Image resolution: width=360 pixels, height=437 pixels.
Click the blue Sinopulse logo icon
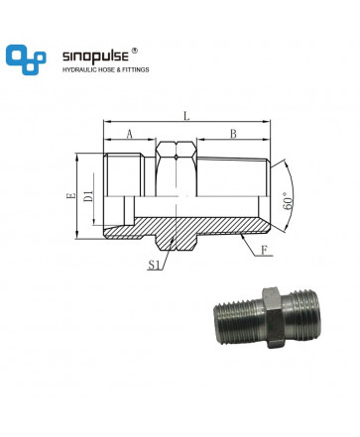[x=26, y=59]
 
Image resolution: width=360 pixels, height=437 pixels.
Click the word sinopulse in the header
[x=95, y=56]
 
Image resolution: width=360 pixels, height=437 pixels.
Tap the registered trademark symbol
[x=134, y=51]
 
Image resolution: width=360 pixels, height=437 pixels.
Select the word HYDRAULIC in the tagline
[x=78, y=69]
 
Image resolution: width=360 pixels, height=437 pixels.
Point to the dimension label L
[x=186, y=116]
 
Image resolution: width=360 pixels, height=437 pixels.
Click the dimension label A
[x=129, y=134]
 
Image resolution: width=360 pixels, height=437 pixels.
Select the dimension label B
[x=233, y=134]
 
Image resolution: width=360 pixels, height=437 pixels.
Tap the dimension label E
[x=70, y=196]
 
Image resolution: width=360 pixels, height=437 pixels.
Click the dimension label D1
[x=88, y=196]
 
